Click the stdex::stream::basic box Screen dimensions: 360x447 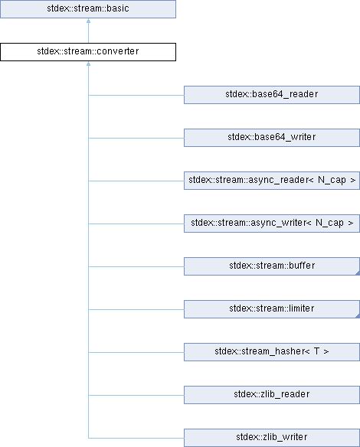coord(88,9)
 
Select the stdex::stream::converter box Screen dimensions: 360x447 coord(88,52)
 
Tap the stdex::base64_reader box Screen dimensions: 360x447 coord(272,95)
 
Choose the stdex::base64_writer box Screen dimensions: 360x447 coord(272,138)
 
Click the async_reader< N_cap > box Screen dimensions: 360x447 coord(272,181)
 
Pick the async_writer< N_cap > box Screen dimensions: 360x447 coord(272,223)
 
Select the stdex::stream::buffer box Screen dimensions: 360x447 coord(272,266)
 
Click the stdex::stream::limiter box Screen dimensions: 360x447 coord(272,309)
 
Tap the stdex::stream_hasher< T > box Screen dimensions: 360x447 coord(272,352)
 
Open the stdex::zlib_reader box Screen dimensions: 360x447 coord(272,395)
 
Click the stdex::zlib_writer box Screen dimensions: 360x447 coord(272,438)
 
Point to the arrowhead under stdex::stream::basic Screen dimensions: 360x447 coord(88,21)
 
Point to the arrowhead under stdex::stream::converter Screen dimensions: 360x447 coord(88,64)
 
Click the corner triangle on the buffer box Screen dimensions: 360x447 coord(358,273)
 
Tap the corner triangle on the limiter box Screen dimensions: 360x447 coord(358,316)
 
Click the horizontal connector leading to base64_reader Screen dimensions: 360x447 coord(136,95)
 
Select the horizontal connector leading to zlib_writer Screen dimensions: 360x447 coord(136,438)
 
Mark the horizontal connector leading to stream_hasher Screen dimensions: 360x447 coord(136,352)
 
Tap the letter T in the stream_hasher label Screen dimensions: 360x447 coord(316,351)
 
